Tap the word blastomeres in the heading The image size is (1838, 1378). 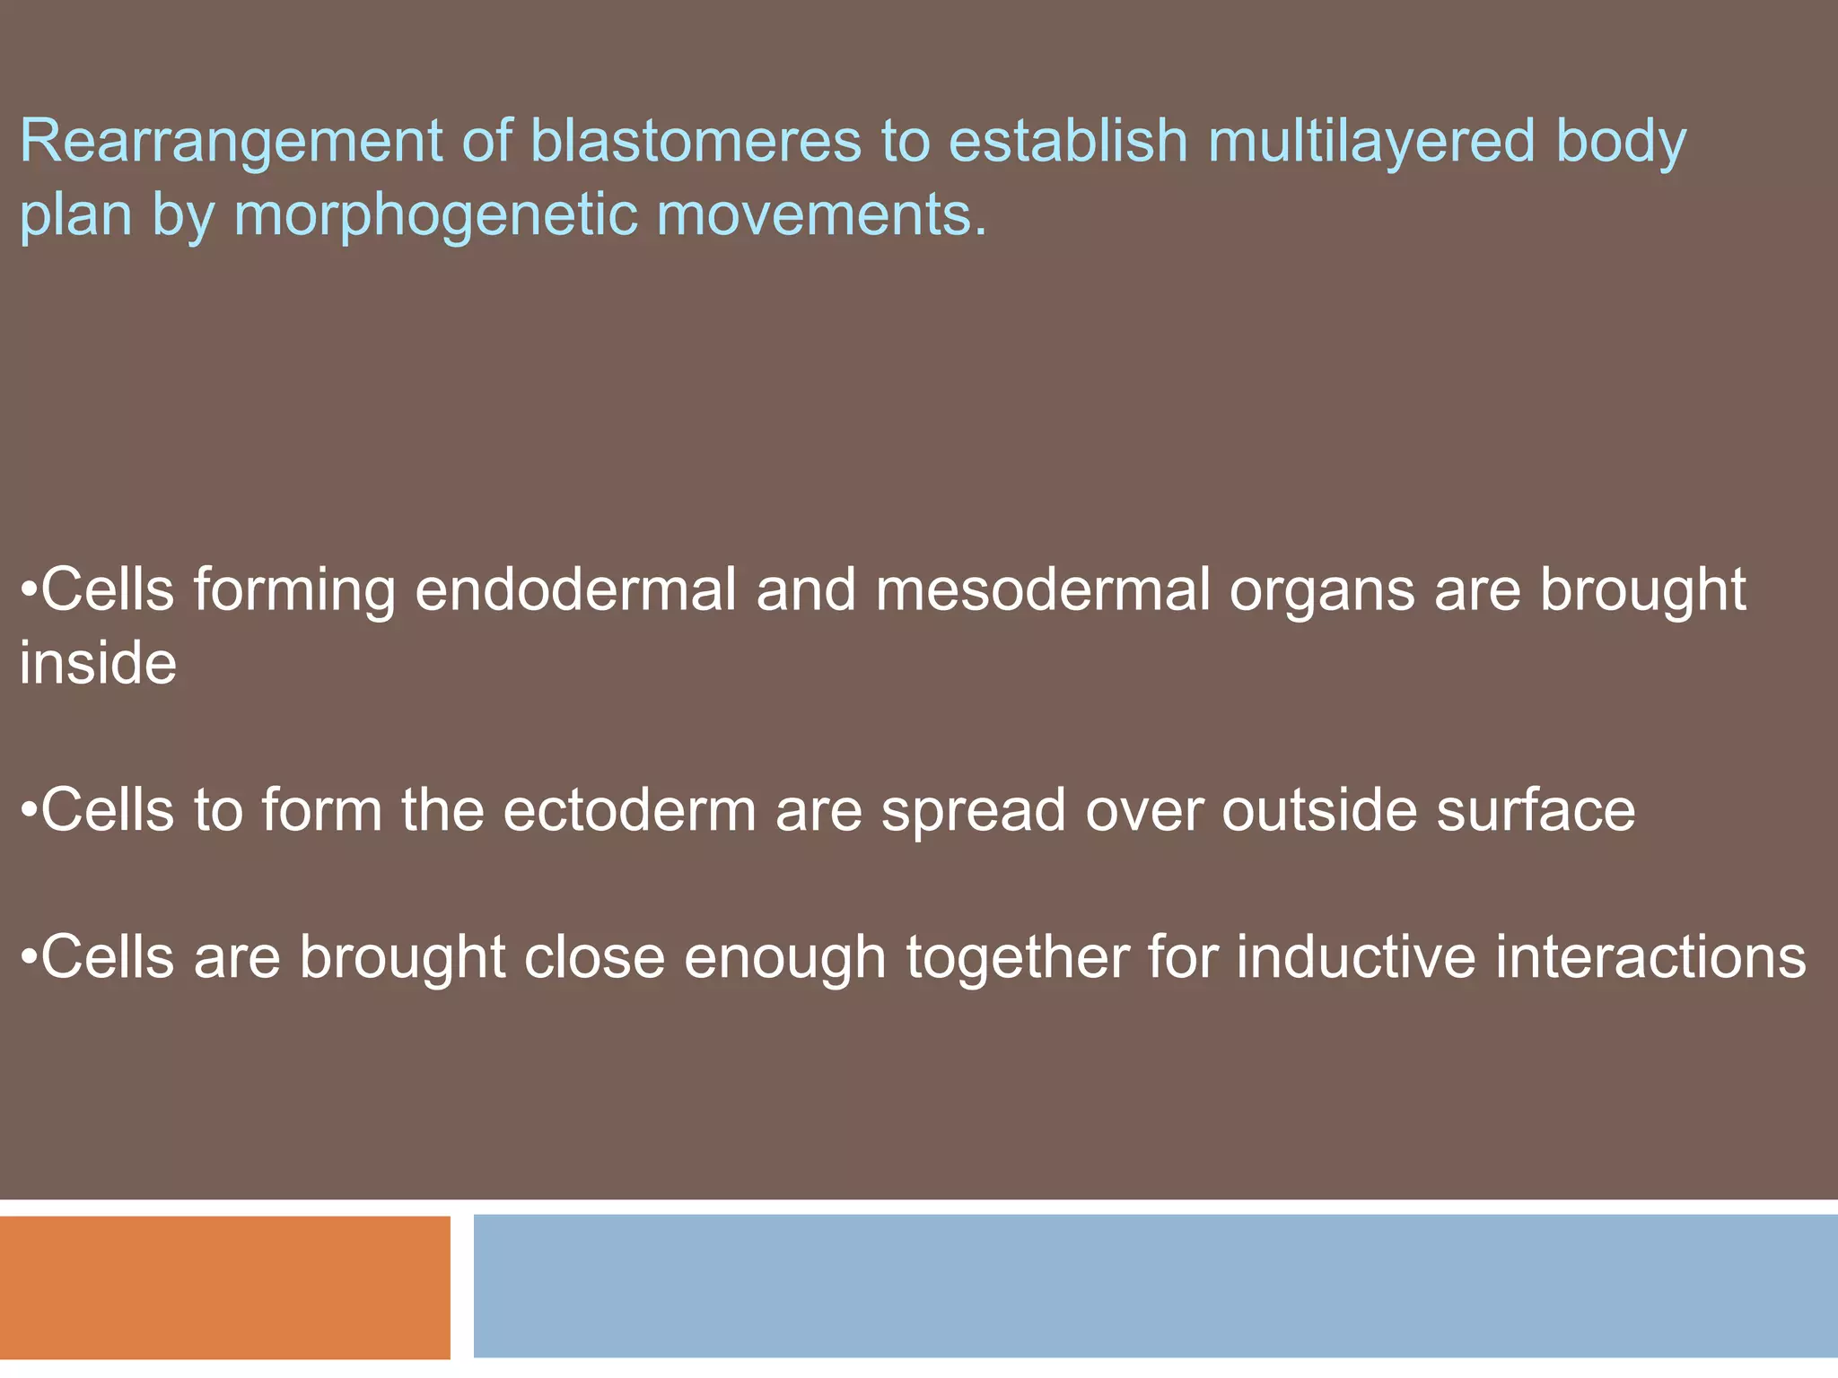click(x=696, y=142)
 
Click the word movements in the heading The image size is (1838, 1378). click(x=820, y=215)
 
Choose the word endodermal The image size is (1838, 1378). click(x=575, y=590)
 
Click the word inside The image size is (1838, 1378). click(x=99, y=664)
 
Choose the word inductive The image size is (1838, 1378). click(x=1356, y=958)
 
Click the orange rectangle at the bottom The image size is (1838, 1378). click(x=224, y=1287)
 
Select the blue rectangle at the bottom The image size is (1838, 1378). click(x=1155, y=1286)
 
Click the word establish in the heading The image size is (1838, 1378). click(x=1068, y=142)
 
